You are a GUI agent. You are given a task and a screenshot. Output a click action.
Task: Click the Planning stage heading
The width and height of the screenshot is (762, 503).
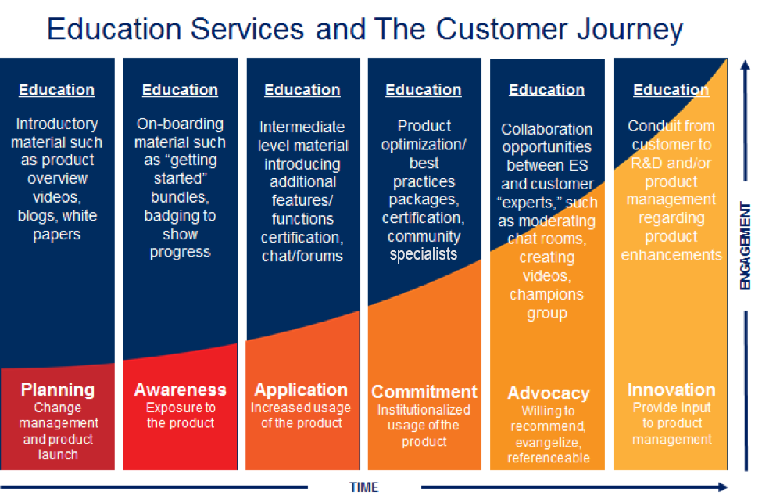[x=57, y=390]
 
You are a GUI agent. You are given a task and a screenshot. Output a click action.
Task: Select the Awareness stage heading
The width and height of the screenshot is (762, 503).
[x=180, y=390]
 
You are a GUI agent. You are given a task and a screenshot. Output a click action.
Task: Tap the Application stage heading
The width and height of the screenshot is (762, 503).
[x=301, y=390]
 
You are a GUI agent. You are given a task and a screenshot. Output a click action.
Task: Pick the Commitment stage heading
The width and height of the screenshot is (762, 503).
[x=424, y=392]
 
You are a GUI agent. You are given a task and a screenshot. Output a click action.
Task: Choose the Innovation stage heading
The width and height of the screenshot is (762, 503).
[x=671, y=390]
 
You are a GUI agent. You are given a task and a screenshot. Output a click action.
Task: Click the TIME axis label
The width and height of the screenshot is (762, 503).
[x=363, y=487]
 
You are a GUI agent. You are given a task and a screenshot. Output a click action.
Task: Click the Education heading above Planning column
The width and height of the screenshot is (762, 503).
[x=57, y=90]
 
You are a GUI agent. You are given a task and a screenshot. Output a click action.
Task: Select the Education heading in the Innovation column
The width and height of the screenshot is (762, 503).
[x=671, y=90]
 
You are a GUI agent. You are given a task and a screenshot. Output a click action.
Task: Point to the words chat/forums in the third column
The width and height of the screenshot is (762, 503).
[x=302, y=255]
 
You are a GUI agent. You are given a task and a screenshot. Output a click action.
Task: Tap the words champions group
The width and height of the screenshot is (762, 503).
[x=546, y=304]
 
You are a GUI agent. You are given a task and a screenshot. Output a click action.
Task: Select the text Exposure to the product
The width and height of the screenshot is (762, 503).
[x=180, y=415]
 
